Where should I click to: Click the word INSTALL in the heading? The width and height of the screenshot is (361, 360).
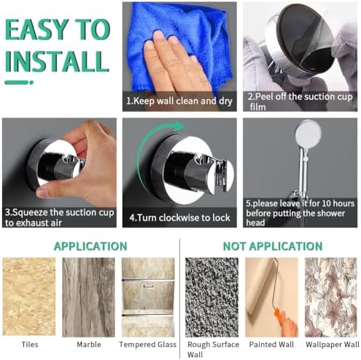57,60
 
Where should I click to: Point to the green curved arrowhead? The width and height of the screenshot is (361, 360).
179,126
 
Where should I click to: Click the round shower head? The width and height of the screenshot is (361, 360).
308,133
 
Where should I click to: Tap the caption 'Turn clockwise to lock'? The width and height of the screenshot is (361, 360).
179,217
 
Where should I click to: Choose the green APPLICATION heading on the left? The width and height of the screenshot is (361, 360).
90,246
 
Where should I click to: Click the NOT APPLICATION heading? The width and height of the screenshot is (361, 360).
273,246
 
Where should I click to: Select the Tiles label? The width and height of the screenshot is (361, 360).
30,345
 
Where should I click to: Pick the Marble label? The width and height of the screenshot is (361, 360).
89,345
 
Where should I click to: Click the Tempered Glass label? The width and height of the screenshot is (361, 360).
148,345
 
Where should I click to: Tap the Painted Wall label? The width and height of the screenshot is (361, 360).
271,345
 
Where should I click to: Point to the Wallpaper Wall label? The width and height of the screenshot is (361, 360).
333,345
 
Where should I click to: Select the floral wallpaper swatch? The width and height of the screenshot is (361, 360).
331,297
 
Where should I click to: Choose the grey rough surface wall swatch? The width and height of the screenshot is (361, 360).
211,297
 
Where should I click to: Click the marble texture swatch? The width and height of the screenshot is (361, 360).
88,297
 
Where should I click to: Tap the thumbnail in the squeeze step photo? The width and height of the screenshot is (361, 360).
42,194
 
